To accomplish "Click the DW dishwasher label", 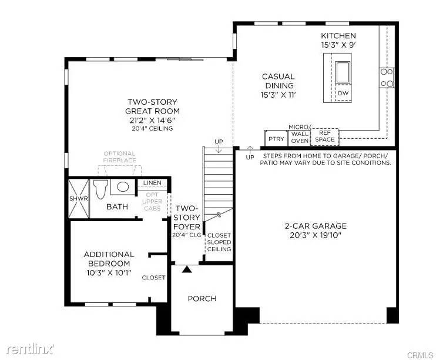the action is (x=343, y=94).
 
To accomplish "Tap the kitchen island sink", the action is (x=343, y=72).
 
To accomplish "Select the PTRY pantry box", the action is (x=276, y=138).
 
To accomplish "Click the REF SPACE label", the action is (x=324, y=136).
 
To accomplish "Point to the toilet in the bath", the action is (x=100, y=189).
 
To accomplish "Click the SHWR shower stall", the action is (x=79, y=198).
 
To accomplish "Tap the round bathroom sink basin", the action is (x=123, y=186).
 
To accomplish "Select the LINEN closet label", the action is (x=152, y=182).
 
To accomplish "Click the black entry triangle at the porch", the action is (x=187, y=269).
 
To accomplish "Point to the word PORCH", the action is (x=202, y=298).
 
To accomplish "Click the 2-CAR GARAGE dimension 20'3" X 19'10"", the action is (x=316, y=235).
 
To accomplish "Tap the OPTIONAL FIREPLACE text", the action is (x=119, y=156).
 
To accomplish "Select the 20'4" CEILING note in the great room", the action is (x=152, y=128).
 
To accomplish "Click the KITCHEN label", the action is (x=338, y=36).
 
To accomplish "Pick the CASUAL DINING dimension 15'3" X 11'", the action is (x=278, y=95).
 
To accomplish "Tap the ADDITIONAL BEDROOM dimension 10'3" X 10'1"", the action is (x=109, y=272).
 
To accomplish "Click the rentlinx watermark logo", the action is (x=30, y=349).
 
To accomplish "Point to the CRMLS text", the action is (x=420, y=355).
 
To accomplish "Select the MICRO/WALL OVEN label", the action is (x=300, y=134).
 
